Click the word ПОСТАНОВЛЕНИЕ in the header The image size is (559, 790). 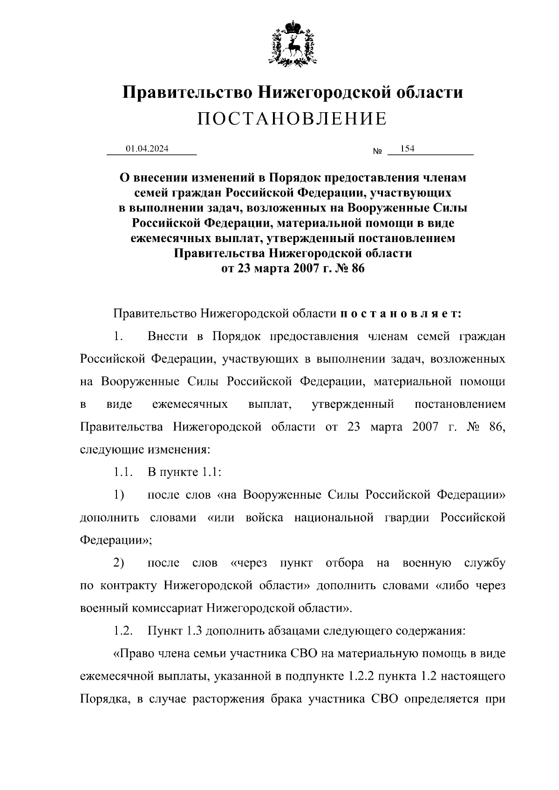click(292, 119)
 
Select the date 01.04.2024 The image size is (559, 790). click(147, 149)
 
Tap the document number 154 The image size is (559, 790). click(408, 149)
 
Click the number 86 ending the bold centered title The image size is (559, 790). click(358, 269)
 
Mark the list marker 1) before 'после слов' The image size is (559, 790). click(119, 495)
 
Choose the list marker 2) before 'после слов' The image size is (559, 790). click(119, 563)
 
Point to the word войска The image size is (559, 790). click(264, 518)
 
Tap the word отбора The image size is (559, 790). click(345, 563)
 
